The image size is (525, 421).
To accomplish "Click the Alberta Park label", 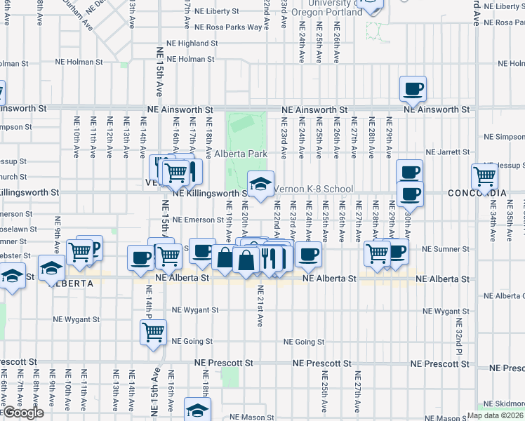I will click(x=241, y=154).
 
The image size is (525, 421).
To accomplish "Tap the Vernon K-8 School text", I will click(x=312, y=189).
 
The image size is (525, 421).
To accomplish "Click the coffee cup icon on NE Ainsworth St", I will click(x=413, y=89).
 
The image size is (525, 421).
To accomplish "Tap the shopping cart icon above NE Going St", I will click(x=154, y=332).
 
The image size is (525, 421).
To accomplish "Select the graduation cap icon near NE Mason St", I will click(x=198, y=410).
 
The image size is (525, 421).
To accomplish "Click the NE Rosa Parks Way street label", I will click(x=232, y=27).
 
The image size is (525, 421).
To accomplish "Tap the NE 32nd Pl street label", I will click(x=459, y=336).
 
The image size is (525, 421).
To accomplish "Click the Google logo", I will click(x=23, y=413).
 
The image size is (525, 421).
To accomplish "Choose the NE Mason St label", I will click(x=236, y=417).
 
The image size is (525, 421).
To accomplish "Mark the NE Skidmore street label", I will click(x=507, y=404).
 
